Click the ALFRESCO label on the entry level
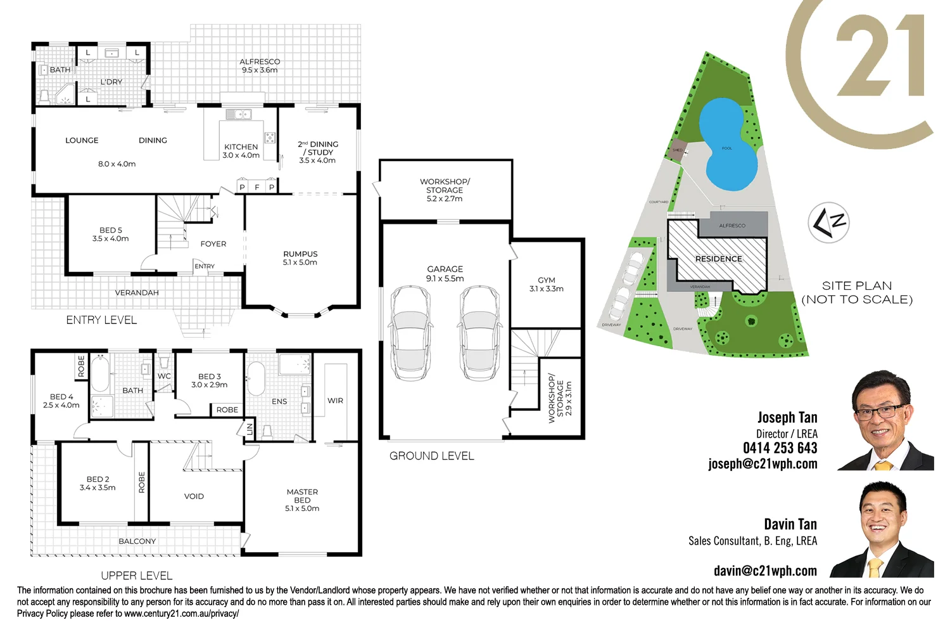pos(260,62)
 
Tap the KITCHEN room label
pos(241,147)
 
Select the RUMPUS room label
pos(300,254)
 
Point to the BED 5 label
pos(111,231)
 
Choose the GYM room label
pos(546,280)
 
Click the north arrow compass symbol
pos(828,223)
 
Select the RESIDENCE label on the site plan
pos(718,259)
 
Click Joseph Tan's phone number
pos(780,448)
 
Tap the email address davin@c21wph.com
pos(765,571)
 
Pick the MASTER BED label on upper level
pos(302,496)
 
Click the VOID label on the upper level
pos(194,496)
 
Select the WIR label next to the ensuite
pos(335,401)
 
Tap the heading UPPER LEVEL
pos(137,576)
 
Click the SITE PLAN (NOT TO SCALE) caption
pos(857,293)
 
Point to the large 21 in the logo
pos(880,57)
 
